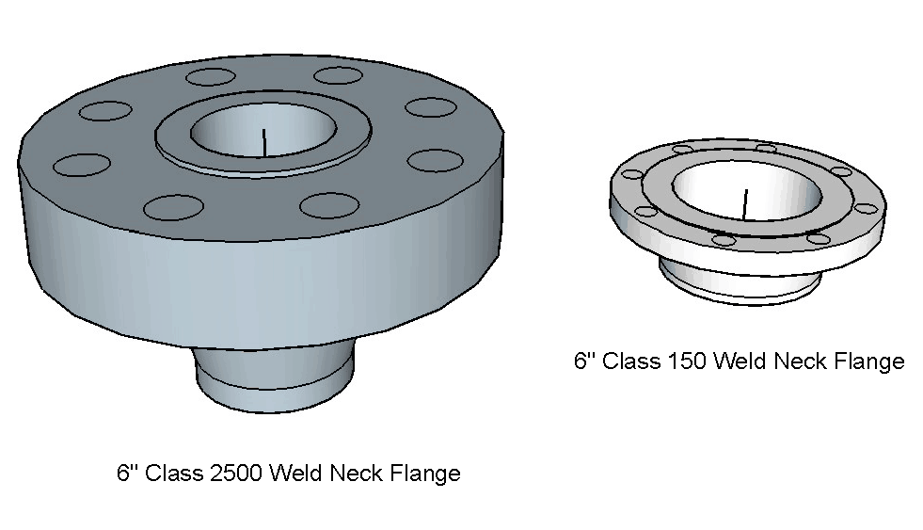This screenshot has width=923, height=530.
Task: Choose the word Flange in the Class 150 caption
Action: coord(866,361)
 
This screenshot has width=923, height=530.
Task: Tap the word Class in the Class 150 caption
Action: coord(630,361)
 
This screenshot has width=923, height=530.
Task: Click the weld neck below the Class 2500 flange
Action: coord(275,381)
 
